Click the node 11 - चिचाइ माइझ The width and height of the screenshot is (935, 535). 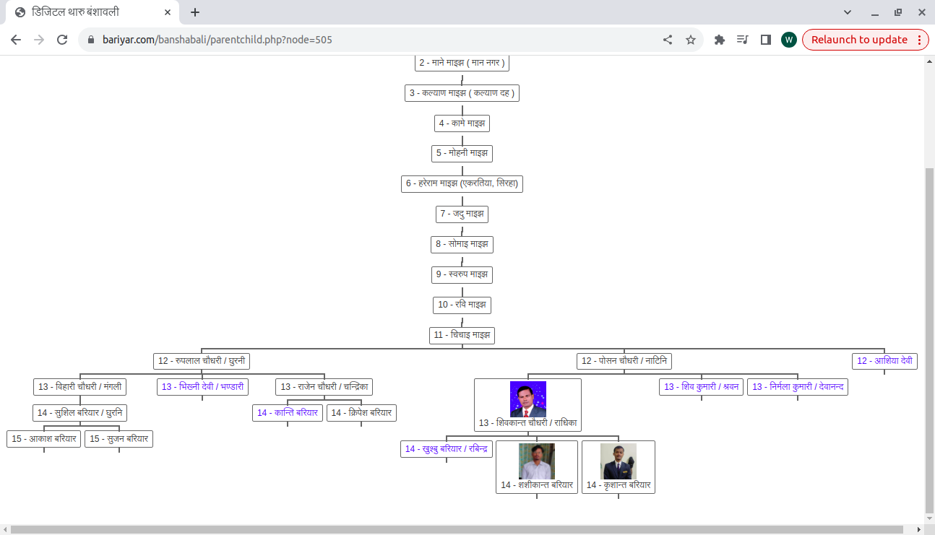point(462,335)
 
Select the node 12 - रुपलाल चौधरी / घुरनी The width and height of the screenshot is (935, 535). point(201,361)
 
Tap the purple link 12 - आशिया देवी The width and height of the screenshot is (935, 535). point(884,361)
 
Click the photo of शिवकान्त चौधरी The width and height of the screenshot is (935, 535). point(527,399)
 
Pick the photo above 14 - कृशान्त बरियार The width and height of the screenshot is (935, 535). point(619,461)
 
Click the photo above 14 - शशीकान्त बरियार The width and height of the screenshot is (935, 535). point(537,461)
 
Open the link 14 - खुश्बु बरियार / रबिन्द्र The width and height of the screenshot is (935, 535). point(447,449)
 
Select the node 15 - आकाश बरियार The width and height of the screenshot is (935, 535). point(44,439)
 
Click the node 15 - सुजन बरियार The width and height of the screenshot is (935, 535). point(119,439)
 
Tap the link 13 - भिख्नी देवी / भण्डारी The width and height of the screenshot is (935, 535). point(202,387)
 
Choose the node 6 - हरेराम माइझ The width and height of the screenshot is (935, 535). point(462,184)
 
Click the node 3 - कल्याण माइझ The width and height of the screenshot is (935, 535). point(462,93)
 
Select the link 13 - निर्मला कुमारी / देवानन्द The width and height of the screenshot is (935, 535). point(798,387)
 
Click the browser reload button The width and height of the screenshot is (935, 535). point(62,40)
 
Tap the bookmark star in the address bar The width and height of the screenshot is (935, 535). point(691,40)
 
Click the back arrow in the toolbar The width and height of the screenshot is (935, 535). point(16,40)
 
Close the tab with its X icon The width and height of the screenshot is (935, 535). point(168,12)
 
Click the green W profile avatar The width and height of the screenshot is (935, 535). point(788,40)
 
